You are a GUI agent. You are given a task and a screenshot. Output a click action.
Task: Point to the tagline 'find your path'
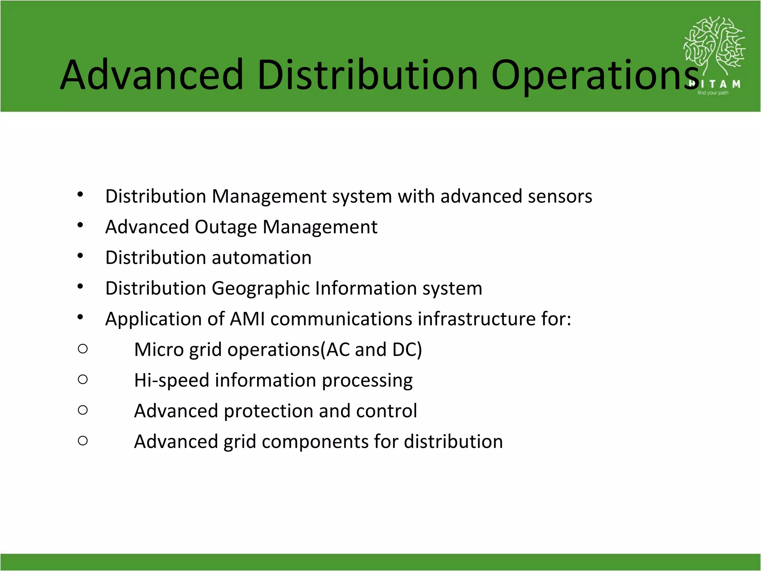713,93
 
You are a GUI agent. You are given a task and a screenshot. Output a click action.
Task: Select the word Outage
226,227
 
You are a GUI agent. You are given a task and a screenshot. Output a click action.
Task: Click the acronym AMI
247,319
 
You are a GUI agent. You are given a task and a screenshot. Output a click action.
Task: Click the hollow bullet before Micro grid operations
83,349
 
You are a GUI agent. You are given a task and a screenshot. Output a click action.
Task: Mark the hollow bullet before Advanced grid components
83,441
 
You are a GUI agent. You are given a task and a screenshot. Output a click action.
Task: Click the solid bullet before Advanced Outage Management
80,225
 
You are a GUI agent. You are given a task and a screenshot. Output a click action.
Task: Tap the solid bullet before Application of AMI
80,317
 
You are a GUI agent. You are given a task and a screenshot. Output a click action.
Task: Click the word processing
367,381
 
